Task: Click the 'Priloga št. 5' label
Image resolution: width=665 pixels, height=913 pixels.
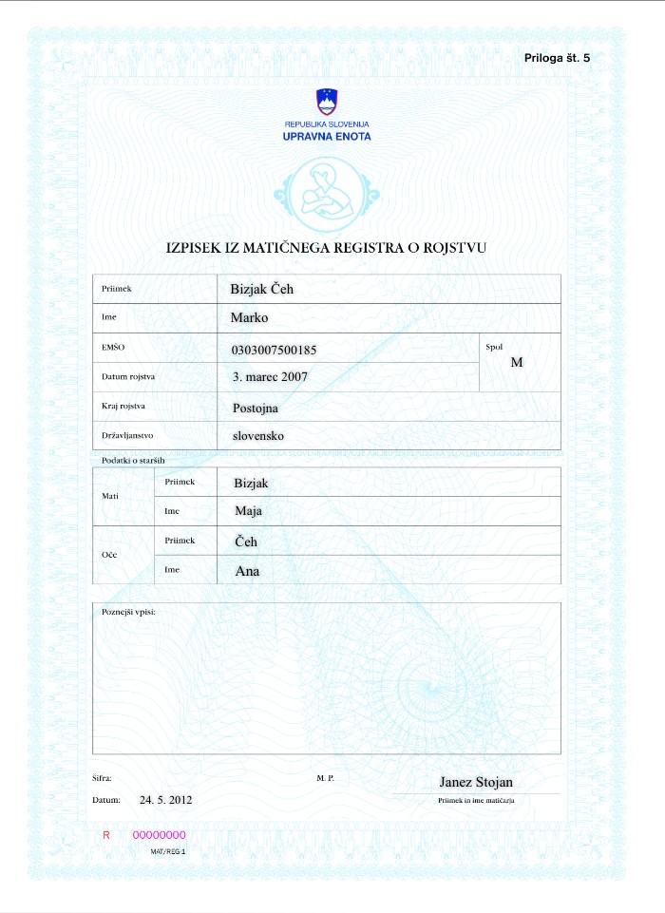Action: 557,59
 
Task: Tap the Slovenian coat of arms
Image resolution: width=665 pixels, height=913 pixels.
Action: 327,102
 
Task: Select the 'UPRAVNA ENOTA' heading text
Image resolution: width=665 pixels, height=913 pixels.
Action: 327,137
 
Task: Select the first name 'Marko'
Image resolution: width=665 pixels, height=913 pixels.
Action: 251,317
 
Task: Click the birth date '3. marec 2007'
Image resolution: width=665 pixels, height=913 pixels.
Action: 271,376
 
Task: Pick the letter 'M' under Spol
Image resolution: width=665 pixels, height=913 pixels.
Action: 517,362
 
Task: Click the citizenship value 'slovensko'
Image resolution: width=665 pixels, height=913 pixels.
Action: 258,436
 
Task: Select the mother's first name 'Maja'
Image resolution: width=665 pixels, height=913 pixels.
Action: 248,511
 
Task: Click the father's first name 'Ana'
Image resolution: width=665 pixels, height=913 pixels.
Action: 247,572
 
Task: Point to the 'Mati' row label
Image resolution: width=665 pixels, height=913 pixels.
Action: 110,496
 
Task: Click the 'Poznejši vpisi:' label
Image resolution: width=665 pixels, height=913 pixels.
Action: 128,611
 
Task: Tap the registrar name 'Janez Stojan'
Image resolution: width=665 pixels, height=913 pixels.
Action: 476,783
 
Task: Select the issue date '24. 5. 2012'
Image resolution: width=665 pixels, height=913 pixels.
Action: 166,801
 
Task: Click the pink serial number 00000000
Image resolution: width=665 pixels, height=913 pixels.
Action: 159,835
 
